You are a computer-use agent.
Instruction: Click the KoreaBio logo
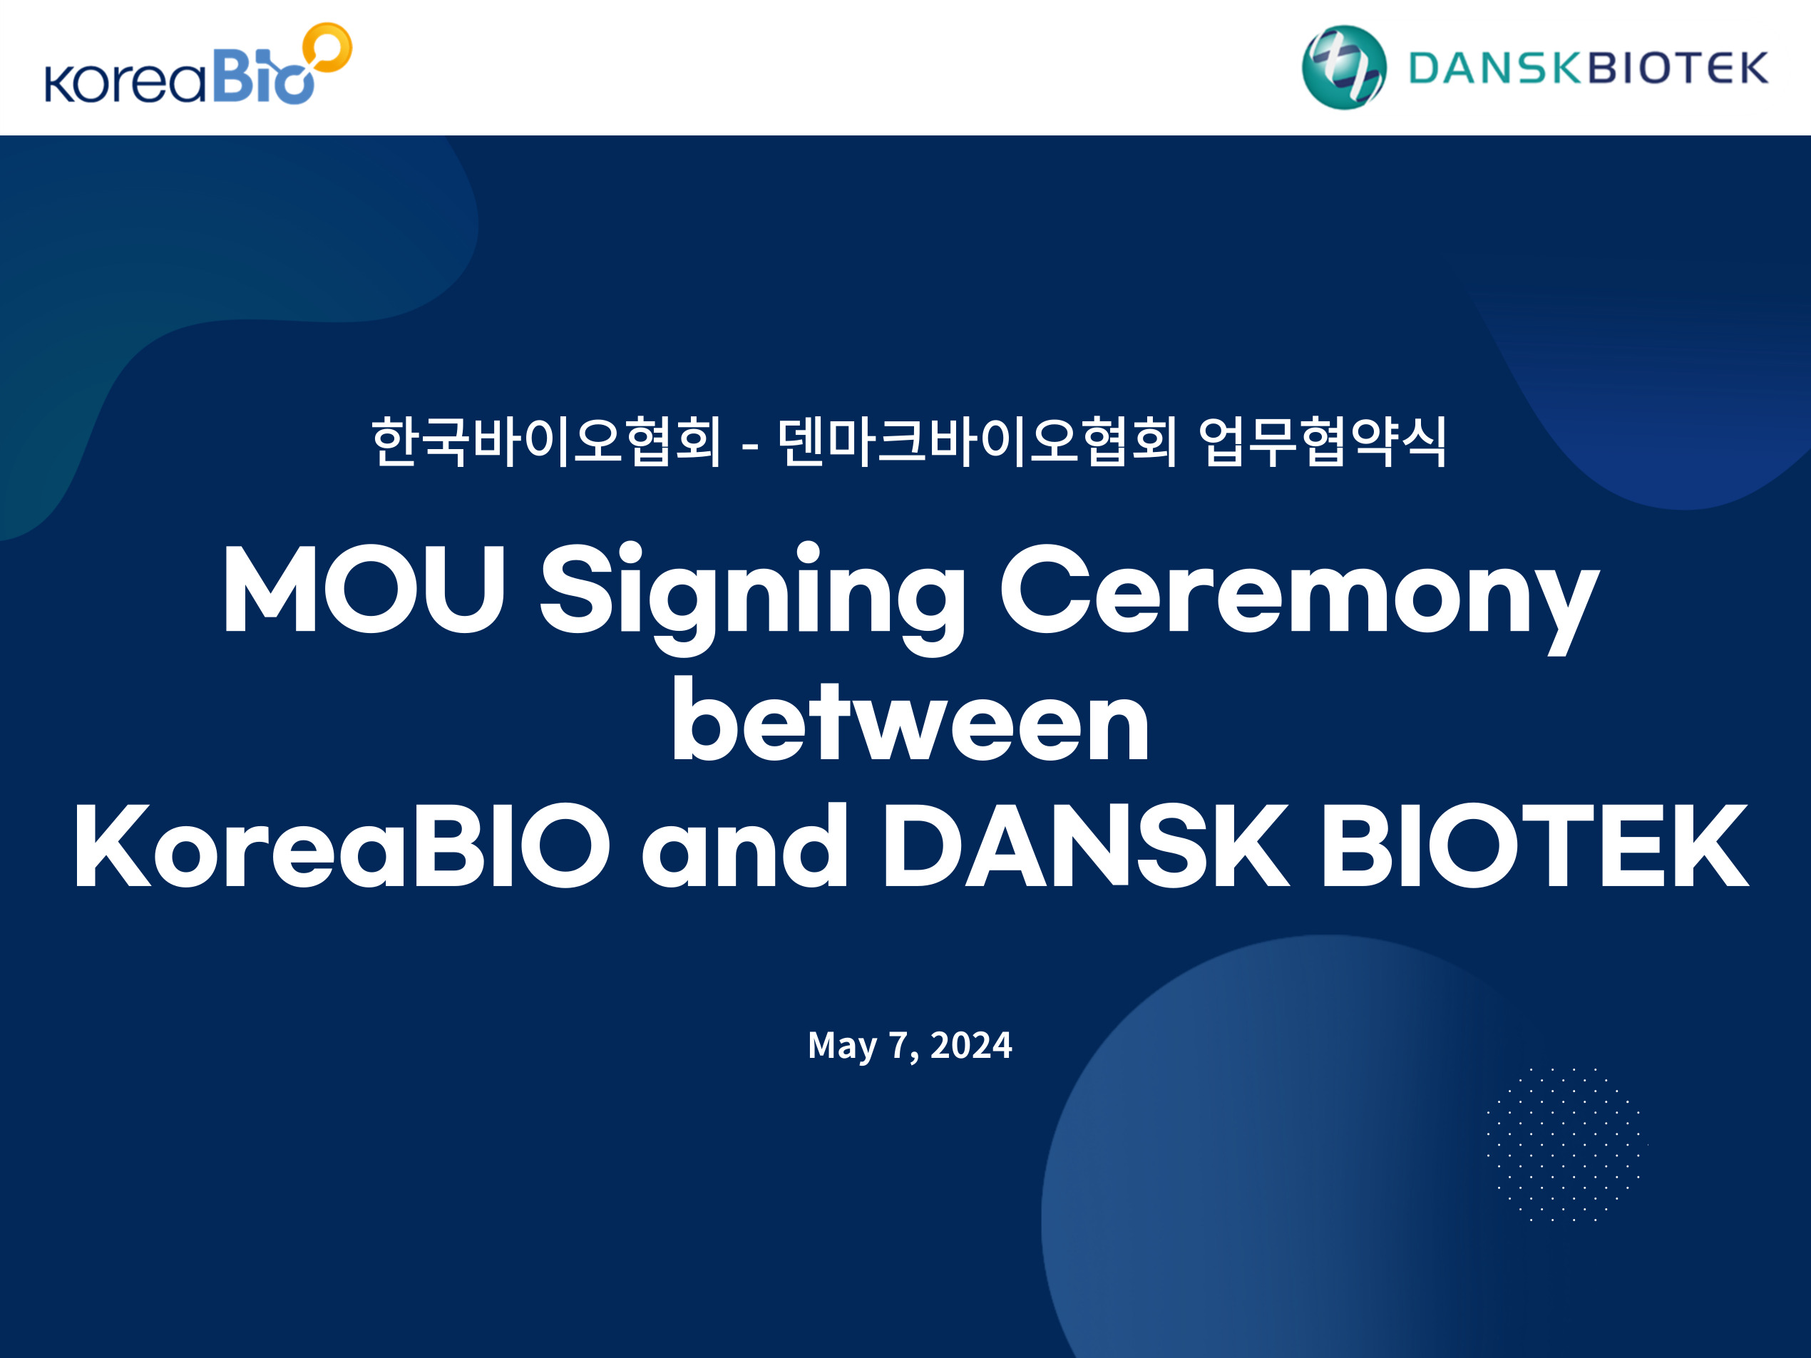point(198,64)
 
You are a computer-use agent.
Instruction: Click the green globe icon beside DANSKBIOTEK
point(1344,67)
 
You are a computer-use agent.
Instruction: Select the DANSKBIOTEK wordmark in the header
point(1588,68)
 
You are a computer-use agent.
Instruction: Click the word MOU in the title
point(364,589)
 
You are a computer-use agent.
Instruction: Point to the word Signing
point(752,598)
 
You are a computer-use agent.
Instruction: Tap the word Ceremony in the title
point(1299,598)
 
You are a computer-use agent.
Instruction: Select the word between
point(910,720)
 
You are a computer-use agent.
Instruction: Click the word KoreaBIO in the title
point(342,845)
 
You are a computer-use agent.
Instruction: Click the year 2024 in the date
point(972,1045)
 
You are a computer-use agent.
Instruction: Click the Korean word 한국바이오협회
point(547,441)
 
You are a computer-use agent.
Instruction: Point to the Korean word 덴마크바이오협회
point(978,441)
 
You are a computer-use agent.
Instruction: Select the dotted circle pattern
point(1564,1144)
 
